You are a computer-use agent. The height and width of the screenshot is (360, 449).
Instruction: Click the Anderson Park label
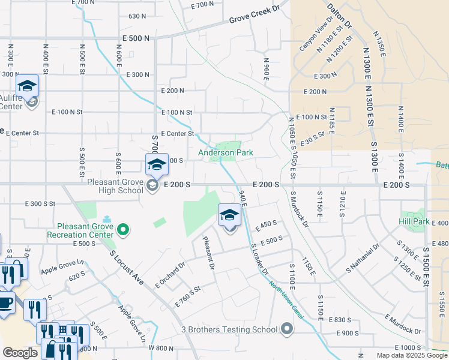pyautogui.click(x=226, y=153)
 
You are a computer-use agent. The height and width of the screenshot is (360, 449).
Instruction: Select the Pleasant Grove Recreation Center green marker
pyautogui.click(x=123, y=229)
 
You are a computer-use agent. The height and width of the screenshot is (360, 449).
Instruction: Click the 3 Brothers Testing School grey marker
pyautogui.click(x=287, y=328)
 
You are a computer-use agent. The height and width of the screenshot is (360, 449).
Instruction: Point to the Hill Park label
pyautogui.click(x=414, y=221)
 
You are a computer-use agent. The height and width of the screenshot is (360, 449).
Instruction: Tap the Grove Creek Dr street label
pyautogui.click(x=255, y=16)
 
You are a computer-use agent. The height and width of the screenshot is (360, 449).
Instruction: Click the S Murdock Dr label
pyautogui.click(x=299, y=210)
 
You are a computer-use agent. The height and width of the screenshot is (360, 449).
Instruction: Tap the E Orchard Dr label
pyautogui.click(x=170, y=274)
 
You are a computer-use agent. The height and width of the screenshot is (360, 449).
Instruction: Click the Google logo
pyautogui.click(x=20, y=353)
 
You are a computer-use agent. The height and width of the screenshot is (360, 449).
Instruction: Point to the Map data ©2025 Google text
pyautogui.click(x=411, y=355)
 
